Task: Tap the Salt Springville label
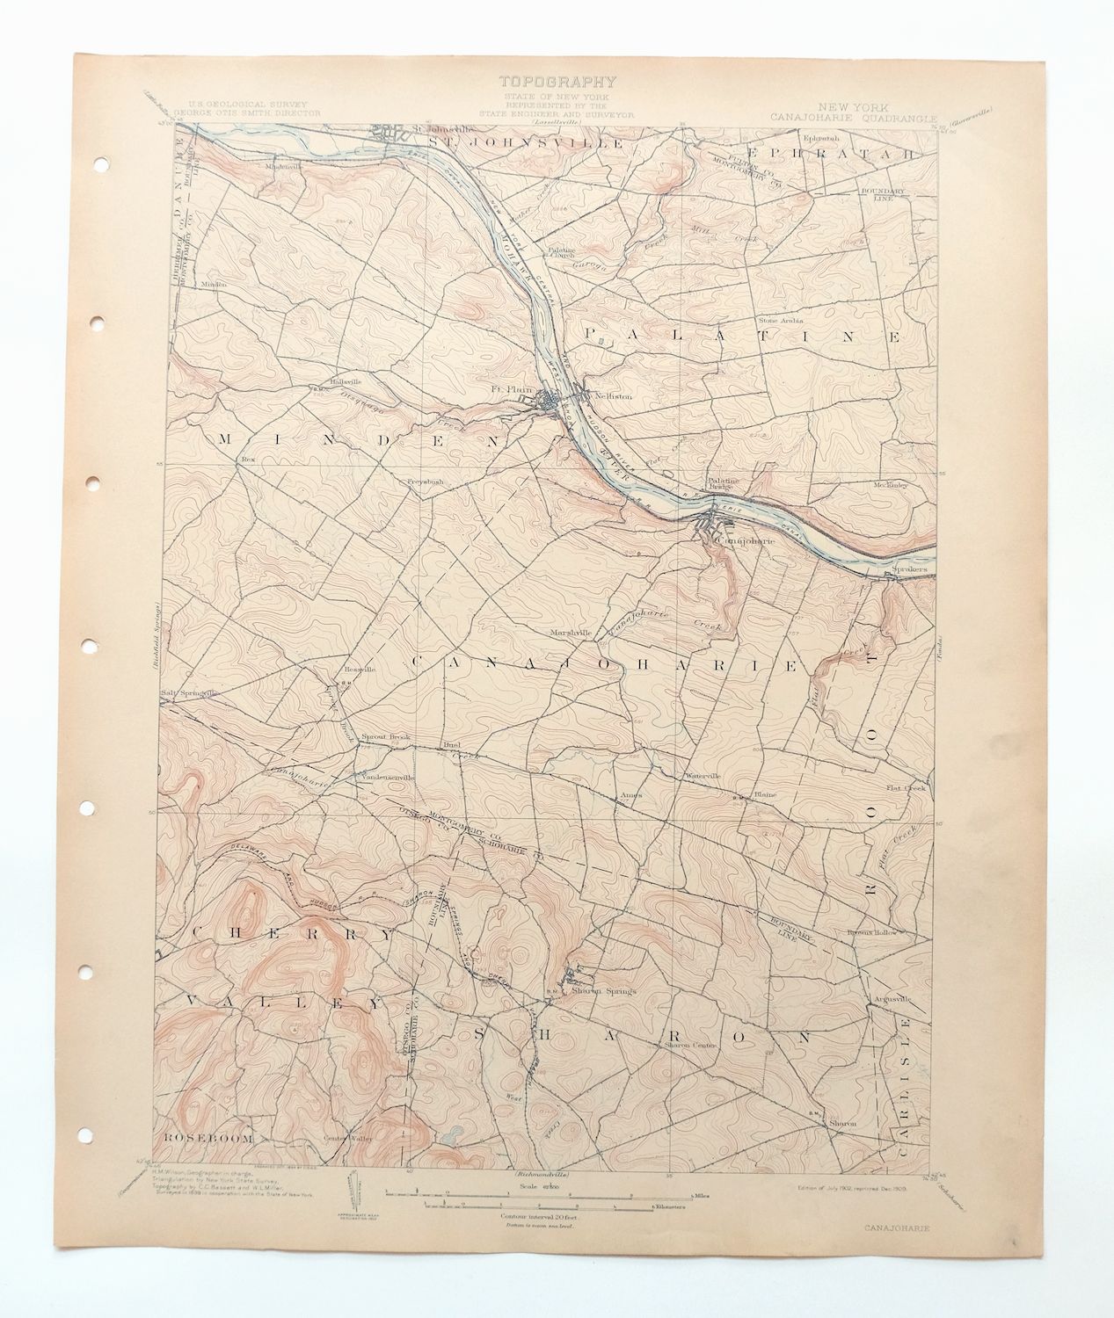(x=187, y=692)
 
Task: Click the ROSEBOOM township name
(x=205, y=1138)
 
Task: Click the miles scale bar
(x=538, y=1193)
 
